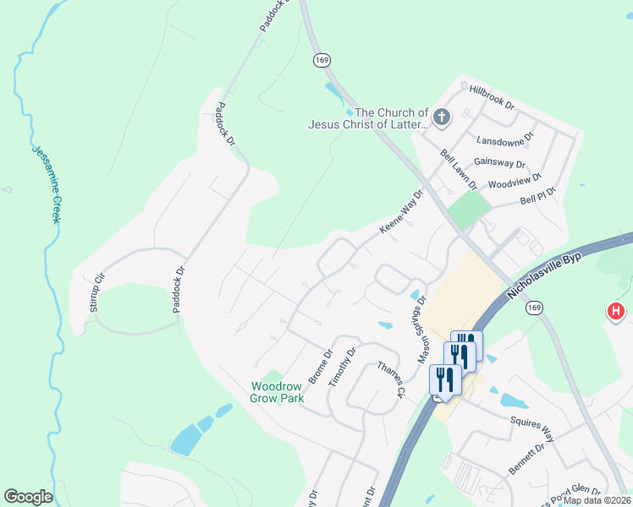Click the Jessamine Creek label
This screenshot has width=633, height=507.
47,185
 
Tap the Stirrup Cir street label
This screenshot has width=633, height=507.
97,293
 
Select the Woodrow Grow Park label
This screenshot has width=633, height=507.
276,392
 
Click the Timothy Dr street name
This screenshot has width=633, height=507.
344,366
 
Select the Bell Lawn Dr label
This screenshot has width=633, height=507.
460,169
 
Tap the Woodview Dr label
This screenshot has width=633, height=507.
515,181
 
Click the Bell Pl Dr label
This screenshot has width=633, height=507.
538,196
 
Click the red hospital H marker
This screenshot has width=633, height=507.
616,313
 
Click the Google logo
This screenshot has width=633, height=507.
29,497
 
